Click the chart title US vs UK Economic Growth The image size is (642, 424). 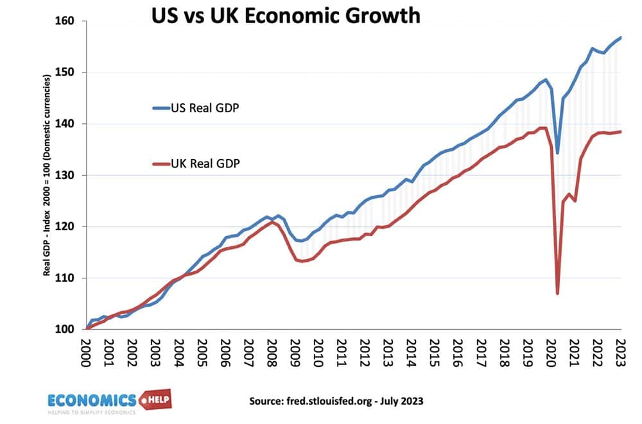[286, 15]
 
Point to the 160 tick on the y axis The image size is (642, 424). [67, 21]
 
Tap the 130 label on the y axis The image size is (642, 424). [67, 175]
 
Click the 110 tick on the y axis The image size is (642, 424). [67, 278]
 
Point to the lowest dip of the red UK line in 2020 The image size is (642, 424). [557, 293]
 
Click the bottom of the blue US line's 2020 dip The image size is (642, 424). [557, 153]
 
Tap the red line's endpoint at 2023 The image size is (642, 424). [621, 131]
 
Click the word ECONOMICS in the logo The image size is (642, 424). [91, 401]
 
